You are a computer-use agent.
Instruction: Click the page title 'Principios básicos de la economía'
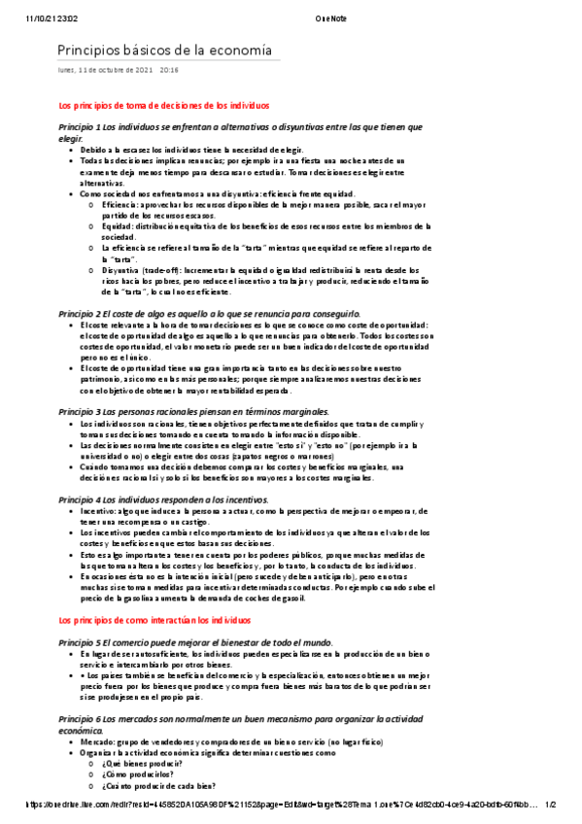[164, 51]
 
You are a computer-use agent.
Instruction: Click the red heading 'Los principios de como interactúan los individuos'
[154, 592]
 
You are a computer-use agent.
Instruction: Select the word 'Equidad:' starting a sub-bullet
[116, 226]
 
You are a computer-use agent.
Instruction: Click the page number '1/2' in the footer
[549, 806]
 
